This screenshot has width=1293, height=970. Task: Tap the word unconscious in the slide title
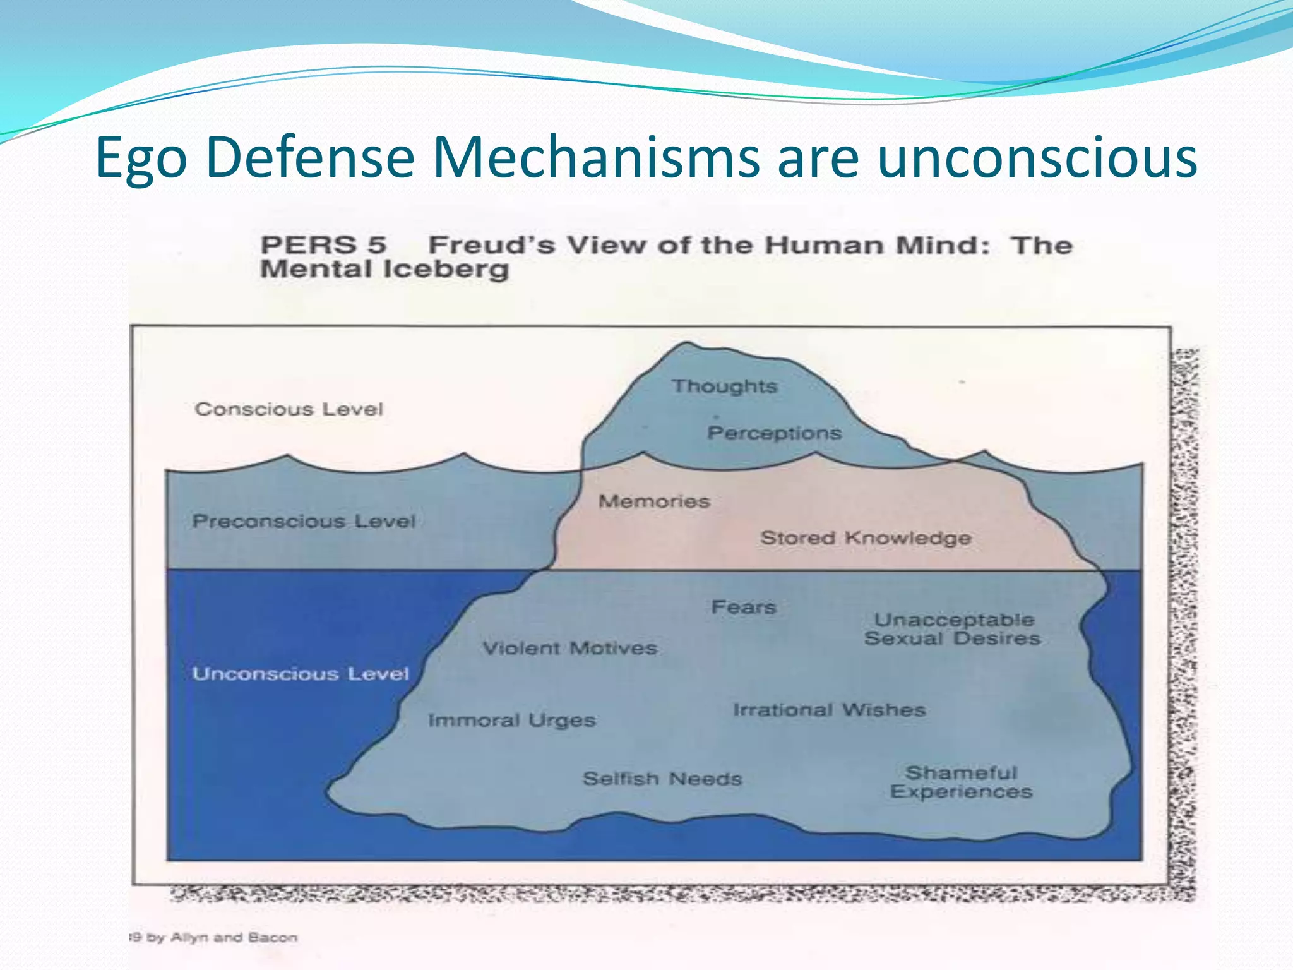[x=1037, y=158]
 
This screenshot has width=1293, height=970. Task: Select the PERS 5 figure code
[x=323, y=245]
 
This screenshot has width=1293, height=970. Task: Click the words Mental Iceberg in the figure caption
[x=384, y=270]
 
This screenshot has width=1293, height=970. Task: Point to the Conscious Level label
[x=289, y=409]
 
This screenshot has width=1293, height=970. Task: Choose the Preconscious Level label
[x=304, y=522]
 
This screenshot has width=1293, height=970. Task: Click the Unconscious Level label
[x=301, y=674]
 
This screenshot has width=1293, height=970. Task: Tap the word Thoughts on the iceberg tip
[x=724, y=386]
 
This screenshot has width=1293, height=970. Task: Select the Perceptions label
[x=774, y=433]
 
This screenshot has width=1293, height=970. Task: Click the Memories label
[x=654, y=501]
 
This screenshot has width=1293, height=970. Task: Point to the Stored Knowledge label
[x=866, y=538]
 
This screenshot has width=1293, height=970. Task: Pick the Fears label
[x=743, y=607]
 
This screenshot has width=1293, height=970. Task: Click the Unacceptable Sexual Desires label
[x=952, y=629]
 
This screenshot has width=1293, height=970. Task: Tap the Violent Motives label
[x=569, y=648]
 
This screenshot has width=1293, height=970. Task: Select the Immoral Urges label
[x=511, y=720]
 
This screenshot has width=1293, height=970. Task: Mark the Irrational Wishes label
[x=829, y=710]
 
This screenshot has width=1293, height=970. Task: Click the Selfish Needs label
[x=662, y=779]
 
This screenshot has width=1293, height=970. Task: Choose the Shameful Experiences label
[x=961, y=782]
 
